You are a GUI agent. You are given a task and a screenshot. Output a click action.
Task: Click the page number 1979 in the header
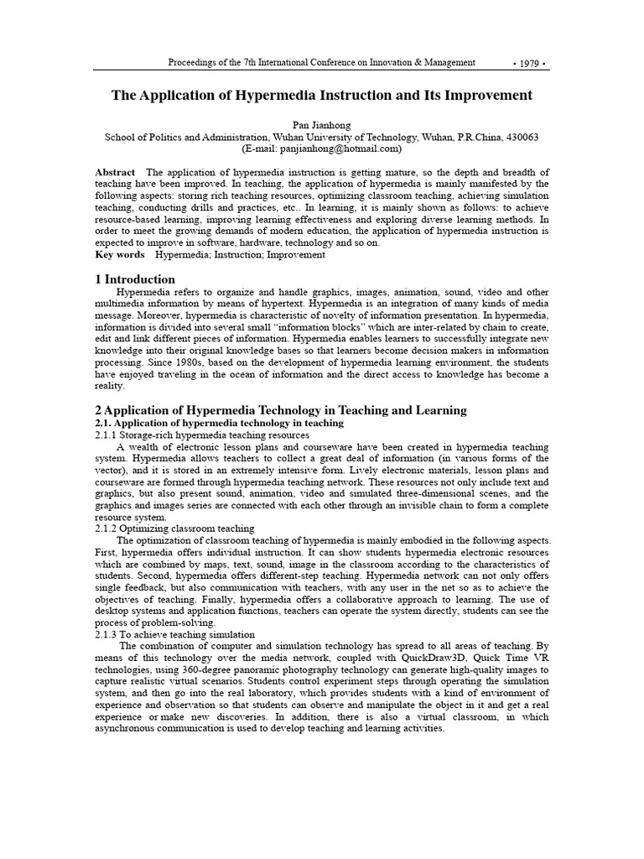click(529, 63)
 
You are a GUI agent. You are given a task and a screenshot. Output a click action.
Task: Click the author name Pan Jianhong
click(322, 123)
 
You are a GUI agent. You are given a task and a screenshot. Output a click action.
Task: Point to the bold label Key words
click(120, 254)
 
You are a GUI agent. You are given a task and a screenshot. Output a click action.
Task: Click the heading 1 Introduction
click(136, 279)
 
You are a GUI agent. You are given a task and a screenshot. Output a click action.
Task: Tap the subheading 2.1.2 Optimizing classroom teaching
click(174, 529)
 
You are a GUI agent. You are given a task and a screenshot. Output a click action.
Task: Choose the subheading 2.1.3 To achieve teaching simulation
click(175, 635)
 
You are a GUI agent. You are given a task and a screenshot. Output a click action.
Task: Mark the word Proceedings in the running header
click(194, 63)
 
